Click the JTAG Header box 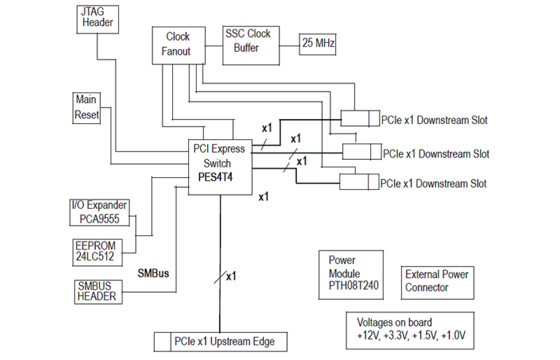coord(98,18)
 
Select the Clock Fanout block coord(178,44)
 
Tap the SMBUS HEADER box coord(97,291)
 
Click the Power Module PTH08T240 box coord(351,274)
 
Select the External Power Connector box coord(436,281)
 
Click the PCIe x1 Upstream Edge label coord(224,342)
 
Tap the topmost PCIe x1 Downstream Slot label coord(434,120)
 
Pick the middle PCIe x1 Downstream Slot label coord(436,154)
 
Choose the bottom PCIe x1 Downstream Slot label coord(433,183)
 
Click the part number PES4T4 coord(215,177)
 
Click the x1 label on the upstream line coord(231,277)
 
